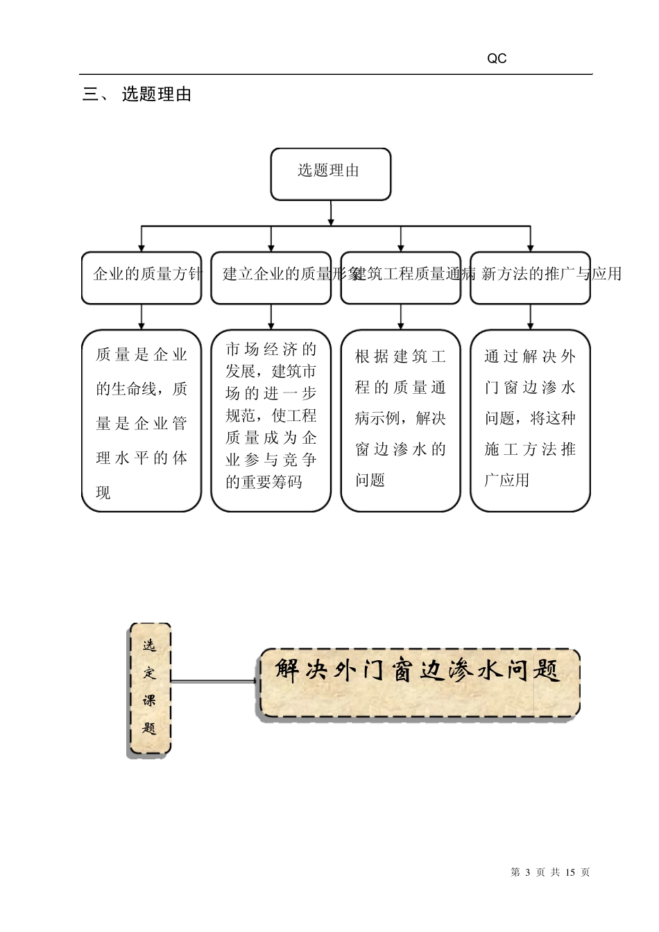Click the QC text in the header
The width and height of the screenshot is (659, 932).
coord(497,59)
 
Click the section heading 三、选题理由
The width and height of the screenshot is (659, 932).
coord(137,95)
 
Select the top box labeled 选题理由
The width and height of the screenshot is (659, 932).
coord(330,173)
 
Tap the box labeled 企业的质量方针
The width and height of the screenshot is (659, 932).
coord(142,277)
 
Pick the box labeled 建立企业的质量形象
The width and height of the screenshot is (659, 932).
coord(271,277)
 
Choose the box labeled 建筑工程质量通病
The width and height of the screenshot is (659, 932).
coord(401,277)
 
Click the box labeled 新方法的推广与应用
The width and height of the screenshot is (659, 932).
coord(531,277)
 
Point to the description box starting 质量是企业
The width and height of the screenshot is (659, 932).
coord(142,421)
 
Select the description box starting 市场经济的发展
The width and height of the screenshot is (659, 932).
coord(271,421)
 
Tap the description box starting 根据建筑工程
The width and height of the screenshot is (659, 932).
coord(401,421)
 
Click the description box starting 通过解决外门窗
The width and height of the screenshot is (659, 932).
coord(531,421)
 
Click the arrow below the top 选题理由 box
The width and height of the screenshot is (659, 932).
coord(331,213)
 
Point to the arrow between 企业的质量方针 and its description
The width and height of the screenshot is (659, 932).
coord(142,317)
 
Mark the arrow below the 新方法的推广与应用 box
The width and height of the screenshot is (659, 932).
coord(531,317)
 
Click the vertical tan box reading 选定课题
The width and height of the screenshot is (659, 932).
coord(150,689)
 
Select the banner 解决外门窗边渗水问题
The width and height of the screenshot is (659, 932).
coord(419,682)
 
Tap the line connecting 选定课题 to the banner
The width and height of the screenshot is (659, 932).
coord(214,682)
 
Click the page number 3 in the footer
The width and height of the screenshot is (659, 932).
coord(528,872)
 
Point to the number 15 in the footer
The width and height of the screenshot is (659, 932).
coord(571,872)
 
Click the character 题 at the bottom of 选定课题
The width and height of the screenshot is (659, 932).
coord(150,729)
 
